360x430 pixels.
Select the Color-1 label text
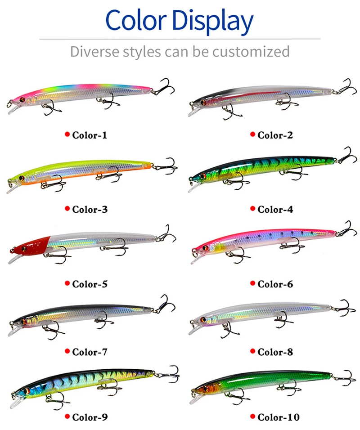pos(90,134)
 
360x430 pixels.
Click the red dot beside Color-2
pos(252,134)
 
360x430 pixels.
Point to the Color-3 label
pos(90,209)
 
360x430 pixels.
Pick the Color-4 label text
pos(275,209)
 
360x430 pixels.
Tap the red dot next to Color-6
pos(252,284)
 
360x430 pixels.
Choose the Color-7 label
pos(90,352)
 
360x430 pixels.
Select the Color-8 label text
pos(275,352)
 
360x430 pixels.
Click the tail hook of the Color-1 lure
pos(165,87)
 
